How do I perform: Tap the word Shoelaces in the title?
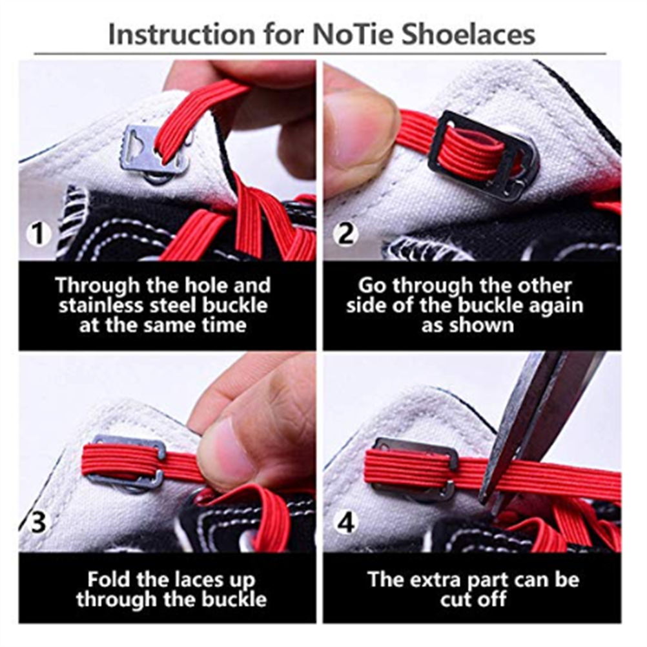[469, 34]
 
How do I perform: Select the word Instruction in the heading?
[181, 35]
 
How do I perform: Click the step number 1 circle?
[38, 234]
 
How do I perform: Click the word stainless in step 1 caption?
[101, 305]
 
